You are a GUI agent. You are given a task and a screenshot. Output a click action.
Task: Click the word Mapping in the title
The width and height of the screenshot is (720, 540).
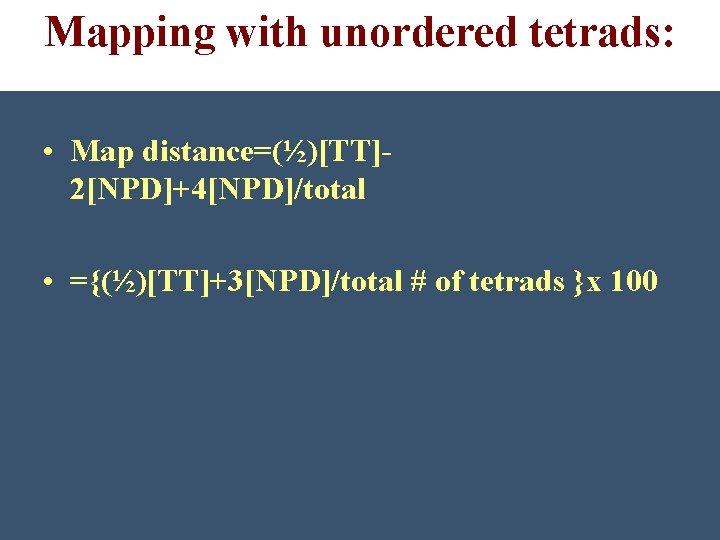click(130, 32)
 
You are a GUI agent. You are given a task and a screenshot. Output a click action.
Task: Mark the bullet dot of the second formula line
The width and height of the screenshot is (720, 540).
click(48, 283)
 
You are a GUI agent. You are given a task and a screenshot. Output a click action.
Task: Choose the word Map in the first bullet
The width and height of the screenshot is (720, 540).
click(104, 152)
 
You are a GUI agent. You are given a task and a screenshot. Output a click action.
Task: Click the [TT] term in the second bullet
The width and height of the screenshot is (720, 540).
click(182, 282)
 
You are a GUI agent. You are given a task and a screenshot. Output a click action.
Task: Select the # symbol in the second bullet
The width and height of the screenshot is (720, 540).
click(418, 282)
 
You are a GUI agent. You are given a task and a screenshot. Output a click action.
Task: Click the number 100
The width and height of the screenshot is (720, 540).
click(633, 282)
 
